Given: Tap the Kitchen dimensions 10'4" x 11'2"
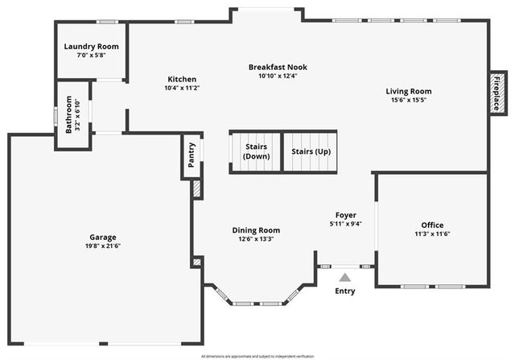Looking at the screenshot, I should pyautogui.click(x=182, y=88).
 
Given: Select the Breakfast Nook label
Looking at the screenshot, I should pyautogui.click(x=278, y=67).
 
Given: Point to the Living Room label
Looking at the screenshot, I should pyautogui.click(x=408, y=91).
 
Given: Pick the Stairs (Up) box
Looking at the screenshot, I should pyautogui.click(x=311, y=151).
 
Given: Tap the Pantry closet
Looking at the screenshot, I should pyautogui.click(x=192, y=155).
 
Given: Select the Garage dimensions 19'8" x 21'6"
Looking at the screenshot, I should pyautogui.click(x=103, y=246).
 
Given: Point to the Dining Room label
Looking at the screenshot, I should pyautogui.click(x=256, y=230).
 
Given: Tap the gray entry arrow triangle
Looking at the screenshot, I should pyautogui.click(x=344, y=277).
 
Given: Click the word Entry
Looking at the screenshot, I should pyautogui.click(x=344, y=291).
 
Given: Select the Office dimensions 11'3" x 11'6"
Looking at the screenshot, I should pyautogui.click(x=432, y=234).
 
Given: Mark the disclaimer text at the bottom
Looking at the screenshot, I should pyautogui.click(x=257, y=355).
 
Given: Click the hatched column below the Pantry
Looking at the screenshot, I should pyautogui.click(x=196, y=188).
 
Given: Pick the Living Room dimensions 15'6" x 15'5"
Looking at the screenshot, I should pyautogui.click(x=408, y=101).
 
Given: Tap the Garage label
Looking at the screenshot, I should pyautogui.click(x=103, y=237).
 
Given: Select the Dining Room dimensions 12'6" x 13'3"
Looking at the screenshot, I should pyautogui.click(x=256, y=239).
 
